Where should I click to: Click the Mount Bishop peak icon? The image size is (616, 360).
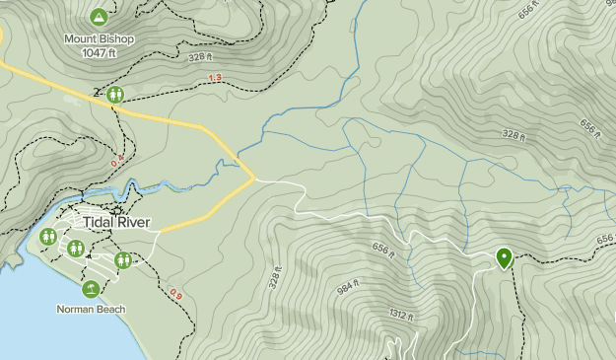[x=99, y=17]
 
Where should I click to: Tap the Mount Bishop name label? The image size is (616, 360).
[x=99, y=39]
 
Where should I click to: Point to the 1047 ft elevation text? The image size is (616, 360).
[x=99, y=52]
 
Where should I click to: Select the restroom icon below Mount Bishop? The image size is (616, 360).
[x=116, y=95]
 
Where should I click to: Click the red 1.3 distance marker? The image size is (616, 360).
[x=215, y=78]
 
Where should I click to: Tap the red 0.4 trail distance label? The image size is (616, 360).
[x=120, y=159]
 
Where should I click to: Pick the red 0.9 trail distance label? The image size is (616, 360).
[x=175, y=293]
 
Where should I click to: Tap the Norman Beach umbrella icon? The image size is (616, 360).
[x=91, y=288]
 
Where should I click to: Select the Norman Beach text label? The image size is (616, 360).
[x=91, y=309]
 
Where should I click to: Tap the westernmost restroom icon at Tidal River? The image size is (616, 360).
[x=48, y=238]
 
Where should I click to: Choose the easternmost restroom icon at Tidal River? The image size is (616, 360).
[x=123, y=260]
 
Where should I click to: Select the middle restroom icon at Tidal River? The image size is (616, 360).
[x=75, y=248]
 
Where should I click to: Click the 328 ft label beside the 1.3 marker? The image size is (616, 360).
[x=202, y=58]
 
